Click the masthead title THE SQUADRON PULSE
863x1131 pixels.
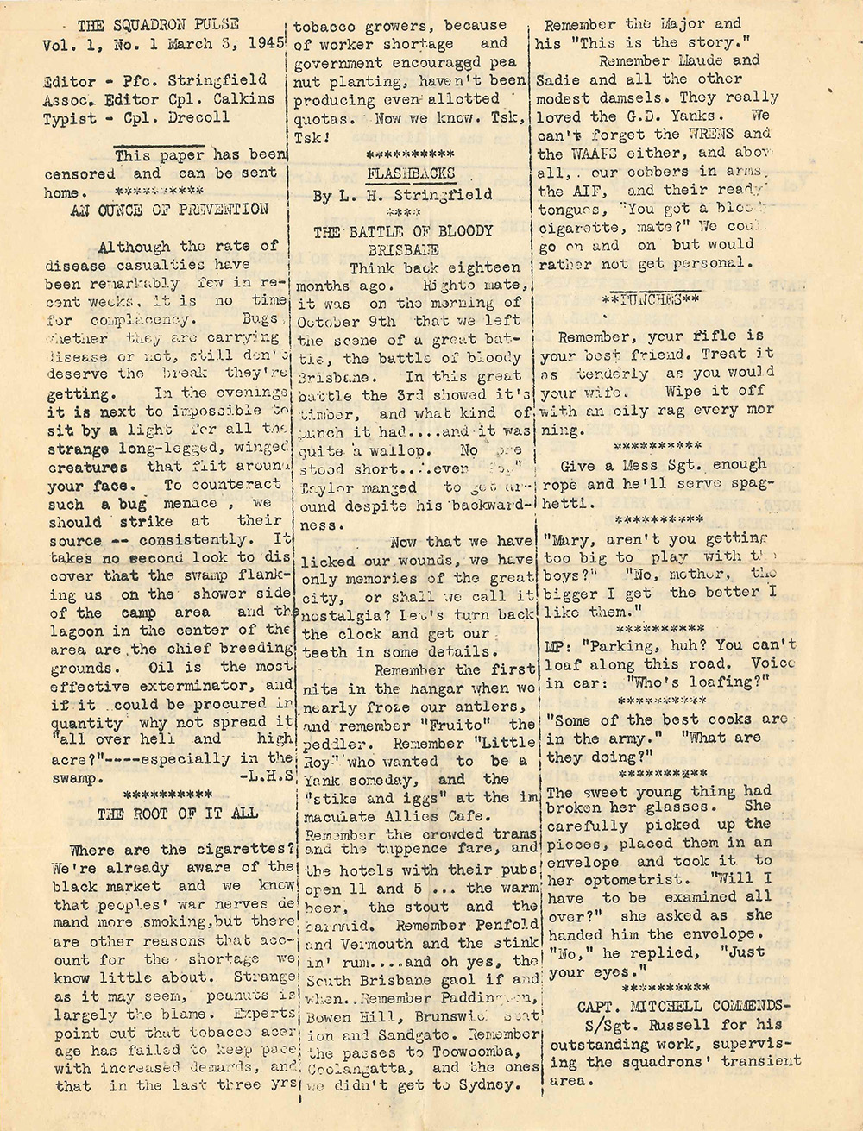click(158, 23)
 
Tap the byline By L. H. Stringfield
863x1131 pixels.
click(404, 195)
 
